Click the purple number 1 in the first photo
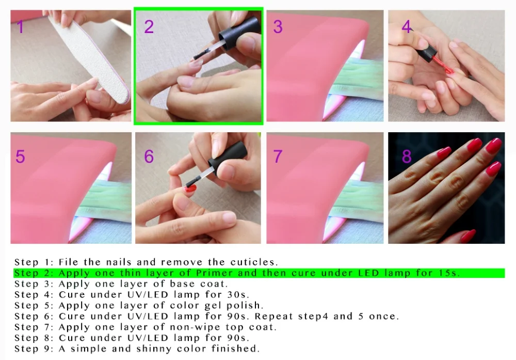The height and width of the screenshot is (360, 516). click(21, 26)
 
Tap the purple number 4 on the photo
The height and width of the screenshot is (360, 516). click(407, 26)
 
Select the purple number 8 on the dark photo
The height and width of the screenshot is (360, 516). click(407, 156)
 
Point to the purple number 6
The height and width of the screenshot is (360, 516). click(149, 156)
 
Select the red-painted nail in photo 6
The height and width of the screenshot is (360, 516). click(190, 189)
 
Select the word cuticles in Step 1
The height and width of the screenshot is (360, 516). click(254, 262)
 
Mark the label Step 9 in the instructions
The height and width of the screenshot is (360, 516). click(34, 349)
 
